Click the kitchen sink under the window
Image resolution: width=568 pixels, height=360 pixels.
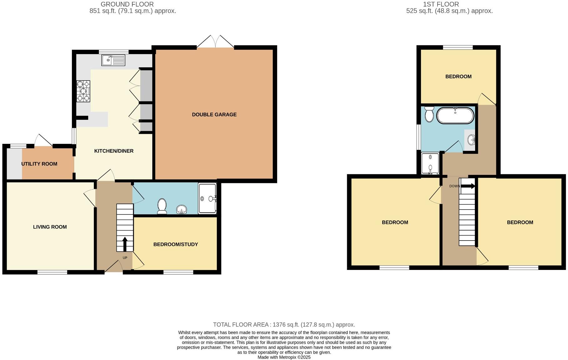click(x=113, y=60)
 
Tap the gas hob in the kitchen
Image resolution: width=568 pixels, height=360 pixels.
click(x=83, y=91)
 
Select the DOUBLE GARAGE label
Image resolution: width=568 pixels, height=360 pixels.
click(x=214, y=114)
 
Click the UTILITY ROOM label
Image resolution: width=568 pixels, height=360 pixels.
click(x=39, y=164)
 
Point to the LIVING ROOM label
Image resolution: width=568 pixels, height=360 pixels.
click(x=50, y=227)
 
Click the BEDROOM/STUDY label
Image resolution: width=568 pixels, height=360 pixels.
click(x=175, y=244)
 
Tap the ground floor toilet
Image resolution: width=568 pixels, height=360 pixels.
click(x=162, y=206)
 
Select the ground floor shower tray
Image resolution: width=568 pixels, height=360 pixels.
click(x=207, y=198)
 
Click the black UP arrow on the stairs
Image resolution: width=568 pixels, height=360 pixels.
click(x=125, y=244)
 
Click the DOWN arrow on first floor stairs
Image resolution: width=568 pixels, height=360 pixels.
click(x=468, y=186)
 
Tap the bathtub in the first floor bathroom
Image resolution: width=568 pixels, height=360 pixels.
click(x=455, y=116)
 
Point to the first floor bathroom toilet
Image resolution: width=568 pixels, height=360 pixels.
click(x=429, y=114)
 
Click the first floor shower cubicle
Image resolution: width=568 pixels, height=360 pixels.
click(x=430, y=164)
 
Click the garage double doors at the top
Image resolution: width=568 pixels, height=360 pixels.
click(x=215, y=43)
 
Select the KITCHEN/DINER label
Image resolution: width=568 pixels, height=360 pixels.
click(x=114, y=151)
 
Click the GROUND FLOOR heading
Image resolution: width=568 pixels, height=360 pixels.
click(x=127, y=4)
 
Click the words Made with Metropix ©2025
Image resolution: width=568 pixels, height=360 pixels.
click(x=284, y=357)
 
